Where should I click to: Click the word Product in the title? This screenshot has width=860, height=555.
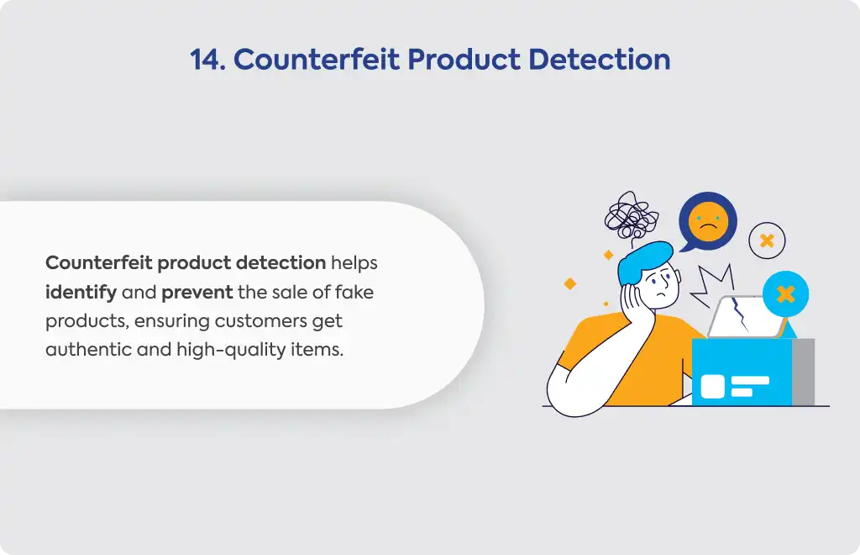pyautogui.click(x=464, y=60)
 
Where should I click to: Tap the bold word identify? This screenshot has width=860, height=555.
pyautogui.click(x=81, y=292)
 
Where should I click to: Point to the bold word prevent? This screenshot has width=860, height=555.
pyautogui.click(x=197, y=293)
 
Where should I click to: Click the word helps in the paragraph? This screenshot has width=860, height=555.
pyautogui.click(x=354, y=263)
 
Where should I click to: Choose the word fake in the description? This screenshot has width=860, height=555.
pyautogui.click(x=354, y=292)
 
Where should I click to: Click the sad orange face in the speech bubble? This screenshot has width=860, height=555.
pyautogui.click(x=708, y=222)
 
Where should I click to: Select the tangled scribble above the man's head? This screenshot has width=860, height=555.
pyautogui.click(x=632, y=217)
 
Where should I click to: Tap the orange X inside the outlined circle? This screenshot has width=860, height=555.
pyautogui.click(x=767, y=240)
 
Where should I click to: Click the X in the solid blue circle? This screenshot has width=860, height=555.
pyautogui.click(x=785, y=294)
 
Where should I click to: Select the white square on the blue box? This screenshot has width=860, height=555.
pyautogui.click(x=712, y=387)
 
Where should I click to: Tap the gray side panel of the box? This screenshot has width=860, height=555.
pyautogui.click(x=803, y=373)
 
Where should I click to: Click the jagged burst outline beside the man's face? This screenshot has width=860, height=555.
pyautogui.click(x=712, y=285)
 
